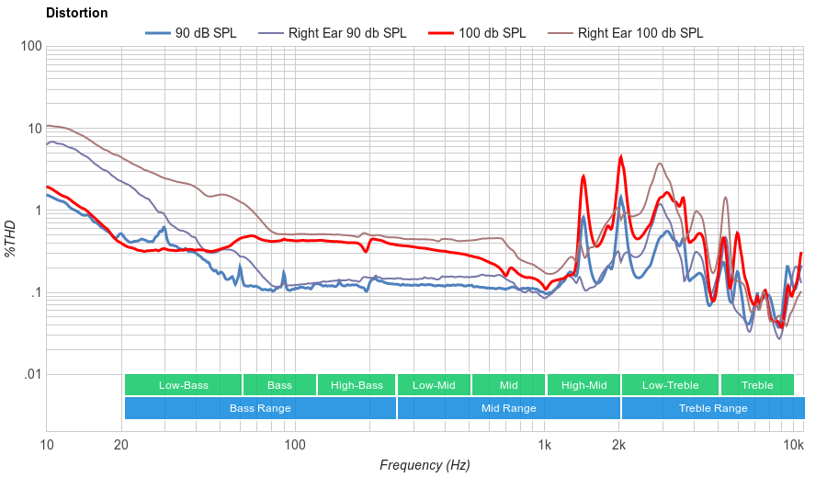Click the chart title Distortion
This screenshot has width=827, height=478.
tap(76, 13)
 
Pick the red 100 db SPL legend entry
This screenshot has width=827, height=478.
tap(493, 33)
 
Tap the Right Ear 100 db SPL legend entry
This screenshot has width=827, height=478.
tap(640, 33)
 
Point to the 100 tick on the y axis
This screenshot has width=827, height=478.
tap(30, 46)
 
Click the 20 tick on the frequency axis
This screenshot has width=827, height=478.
tap(121, 445)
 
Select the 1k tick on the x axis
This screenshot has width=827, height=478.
tap(544, 445)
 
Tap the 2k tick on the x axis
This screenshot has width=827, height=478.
tap(619, 445)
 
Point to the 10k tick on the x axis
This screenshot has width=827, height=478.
tap(793, 445)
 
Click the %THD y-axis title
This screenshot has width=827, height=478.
tap(12, 238)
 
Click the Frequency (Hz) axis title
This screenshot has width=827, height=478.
tap(425, 465)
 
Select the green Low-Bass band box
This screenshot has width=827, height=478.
tap(183, 385)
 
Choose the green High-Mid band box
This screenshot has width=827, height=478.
tap(583, 385)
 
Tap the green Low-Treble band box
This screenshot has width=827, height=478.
tap(670, 385)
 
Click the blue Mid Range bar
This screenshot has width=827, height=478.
tap(508, 408)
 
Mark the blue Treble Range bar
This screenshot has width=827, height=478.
tap(712, 408)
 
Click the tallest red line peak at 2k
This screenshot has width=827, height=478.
tap(621, 157)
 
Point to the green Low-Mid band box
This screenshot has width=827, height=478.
tap(434, 385)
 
